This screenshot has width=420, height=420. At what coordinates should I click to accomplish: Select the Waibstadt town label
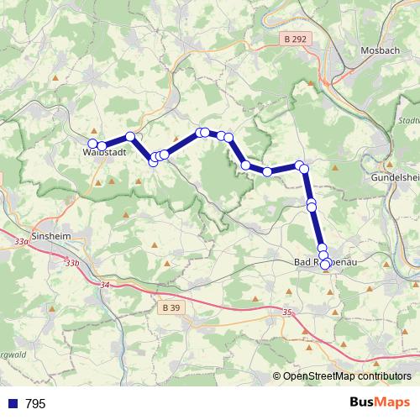coord(105,154)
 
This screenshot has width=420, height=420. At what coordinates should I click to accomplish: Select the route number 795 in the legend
coord(35,404)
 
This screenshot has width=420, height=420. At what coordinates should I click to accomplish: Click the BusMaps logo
coord(381,402)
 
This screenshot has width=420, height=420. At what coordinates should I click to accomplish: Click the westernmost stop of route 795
coord(92,143)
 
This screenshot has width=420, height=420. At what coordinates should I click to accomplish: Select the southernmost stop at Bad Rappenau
coord(326,265)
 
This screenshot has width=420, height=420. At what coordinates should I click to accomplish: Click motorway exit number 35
coord(289,312)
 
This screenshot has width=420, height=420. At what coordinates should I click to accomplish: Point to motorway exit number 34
coord(104,286)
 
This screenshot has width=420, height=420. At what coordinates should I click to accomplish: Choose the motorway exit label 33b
coord(72,264)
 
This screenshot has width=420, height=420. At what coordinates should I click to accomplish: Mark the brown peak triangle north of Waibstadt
coord(55,79)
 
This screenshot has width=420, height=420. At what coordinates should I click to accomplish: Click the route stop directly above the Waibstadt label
coord(102,145)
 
